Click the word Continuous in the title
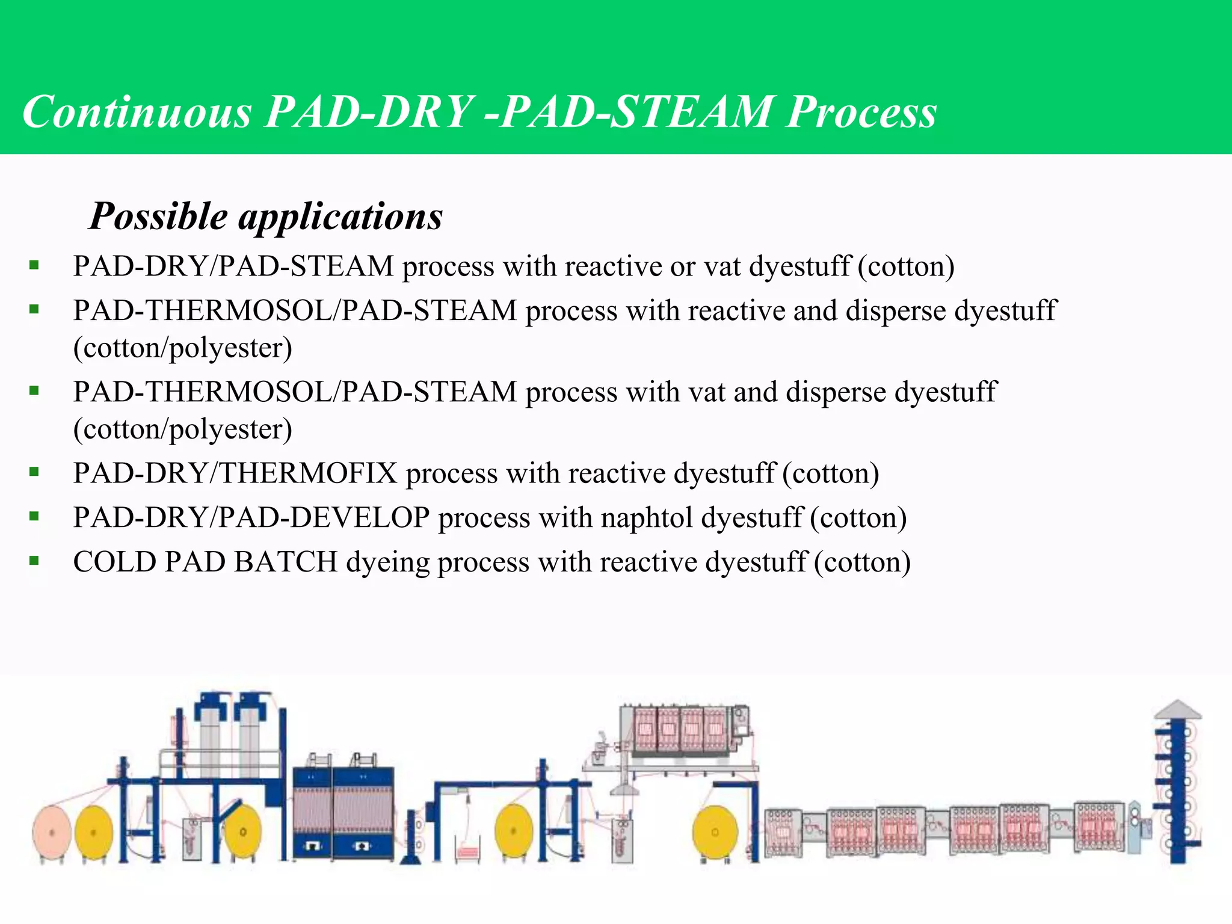[137, 112]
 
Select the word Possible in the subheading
[159, 216]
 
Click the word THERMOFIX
[307, 473]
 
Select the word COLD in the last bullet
[114, 562]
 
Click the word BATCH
[286, 562]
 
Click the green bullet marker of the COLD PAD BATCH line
[34, 561]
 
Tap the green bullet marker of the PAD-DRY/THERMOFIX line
[34, 473]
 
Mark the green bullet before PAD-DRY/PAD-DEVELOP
[34, 517]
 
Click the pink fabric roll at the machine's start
[52, 833]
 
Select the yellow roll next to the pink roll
[94, 833]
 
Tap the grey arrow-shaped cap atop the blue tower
[1177, 710]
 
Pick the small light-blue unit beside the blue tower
[1135, 827]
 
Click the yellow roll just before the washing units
[715, 833]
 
